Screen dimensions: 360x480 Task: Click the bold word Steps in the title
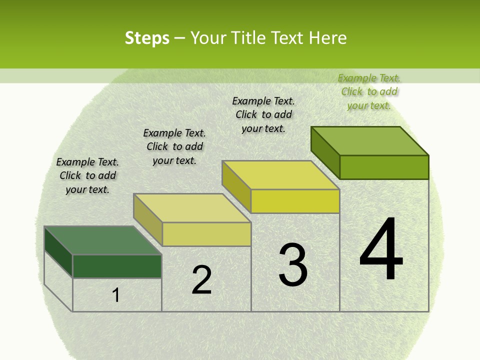[x=147, y=38]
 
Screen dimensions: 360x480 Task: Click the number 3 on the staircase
[x=293, y=265]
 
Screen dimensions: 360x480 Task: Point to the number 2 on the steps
[x=201, y=280]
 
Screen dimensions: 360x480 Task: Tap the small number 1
[x=116, y=295]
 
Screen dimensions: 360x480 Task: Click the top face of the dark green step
[x=102, y=240]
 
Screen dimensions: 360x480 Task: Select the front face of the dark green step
[x=117, y=266]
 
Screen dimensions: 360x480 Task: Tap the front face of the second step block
[x=206, y=234]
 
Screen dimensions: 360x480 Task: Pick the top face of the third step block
[x=280, y=175]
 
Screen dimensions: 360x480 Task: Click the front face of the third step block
[x=295, y=201]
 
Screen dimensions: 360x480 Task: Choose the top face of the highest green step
[x=370, y=140]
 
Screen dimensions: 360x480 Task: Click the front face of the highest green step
[x=384, y=167]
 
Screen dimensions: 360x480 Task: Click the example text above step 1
[x=87, y=175]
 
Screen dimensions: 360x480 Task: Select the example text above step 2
[x=174, y=146]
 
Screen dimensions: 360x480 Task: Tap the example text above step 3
[x=263, y=114]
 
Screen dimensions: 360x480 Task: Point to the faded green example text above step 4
[x=369, y=91]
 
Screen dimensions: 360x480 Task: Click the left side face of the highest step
[x=325, y=152]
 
